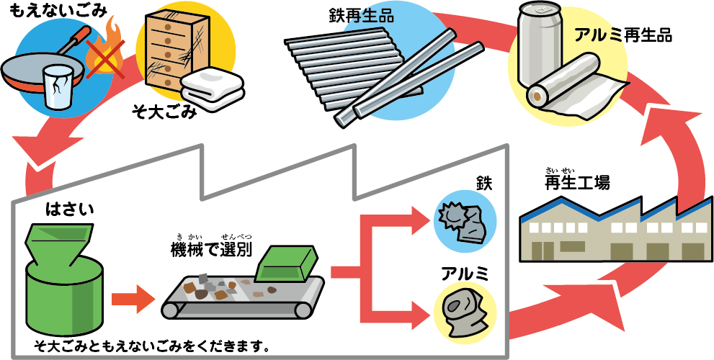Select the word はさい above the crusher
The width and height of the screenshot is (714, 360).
71,210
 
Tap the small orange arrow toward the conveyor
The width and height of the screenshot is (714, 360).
134,295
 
